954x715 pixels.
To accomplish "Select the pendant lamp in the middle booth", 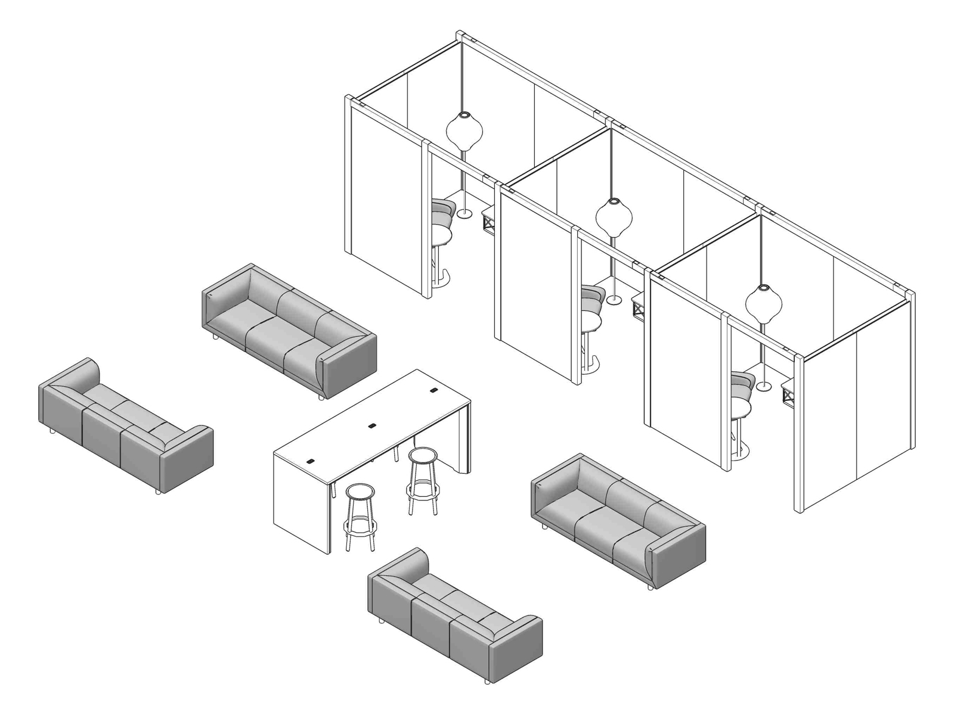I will [x=614, y=216].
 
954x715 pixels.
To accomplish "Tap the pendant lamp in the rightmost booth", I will [x=763, y=303].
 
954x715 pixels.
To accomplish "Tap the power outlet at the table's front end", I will [x=312, y=461].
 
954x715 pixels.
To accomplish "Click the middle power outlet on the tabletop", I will [x=373, y=426].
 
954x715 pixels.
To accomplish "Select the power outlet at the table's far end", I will [x=433, y=391].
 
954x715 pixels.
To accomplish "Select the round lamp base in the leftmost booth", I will [x=464, y=213].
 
